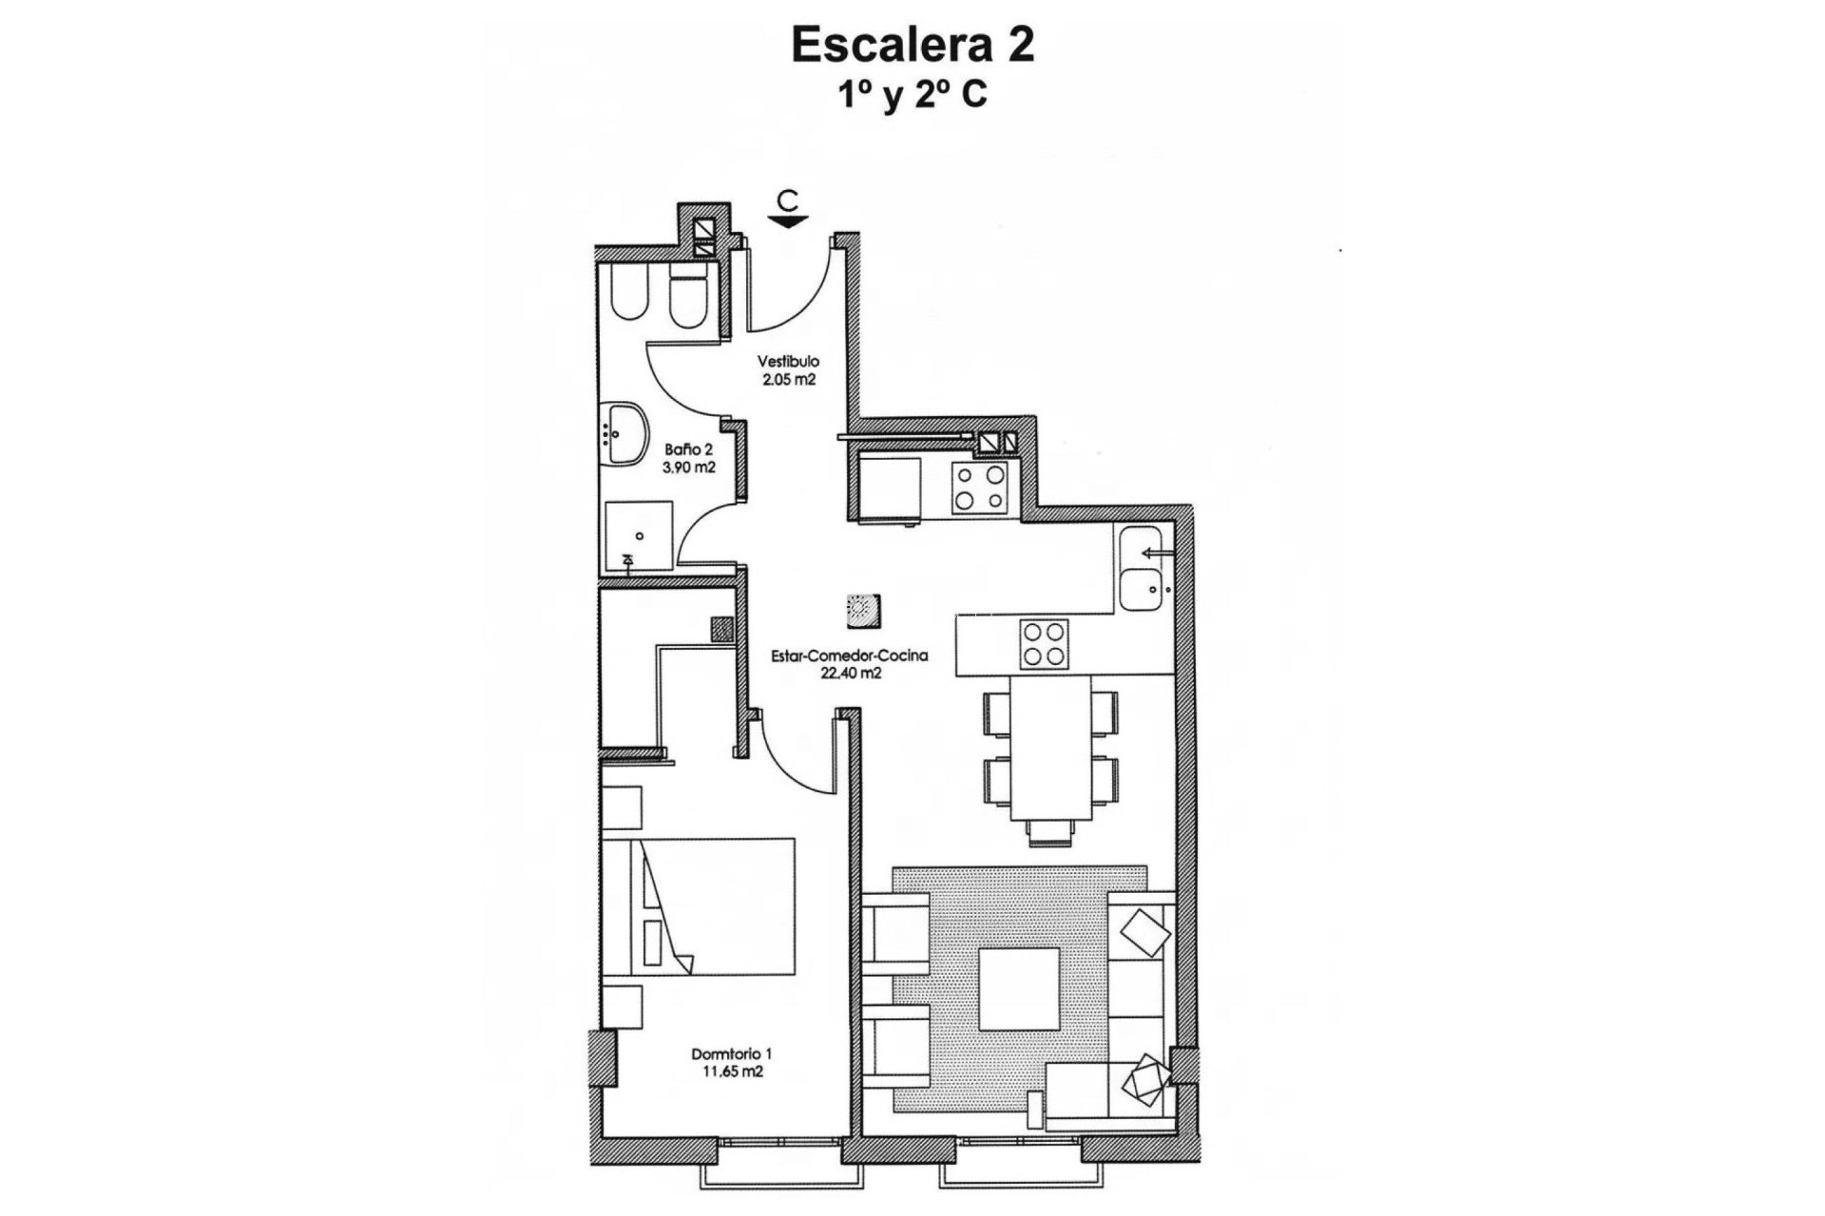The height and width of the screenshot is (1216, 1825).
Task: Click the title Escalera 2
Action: [x=912, y=45]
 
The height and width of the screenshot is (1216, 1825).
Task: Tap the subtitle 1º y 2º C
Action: [x=912, y=96]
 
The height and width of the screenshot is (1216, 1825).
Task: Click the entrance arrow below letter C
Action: [x=788, y=221]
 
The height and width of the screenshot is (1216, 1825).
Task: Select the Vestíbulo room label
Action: [x=788, y=362]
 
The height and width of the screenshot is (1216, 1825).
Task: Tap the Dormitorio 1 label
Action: [x=731, y=1054]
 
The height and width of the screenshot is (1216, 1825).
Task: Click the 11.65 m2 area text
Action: [x=731, y=1072]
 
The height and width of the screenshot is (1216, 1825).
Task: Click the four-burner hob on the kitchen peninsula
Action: [x=1043, y=643]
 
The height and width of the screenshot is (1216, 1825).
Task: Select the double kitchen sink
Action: [x=1142, y=567]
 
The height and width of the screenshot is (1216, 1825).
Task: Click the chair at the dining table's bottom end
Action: [x=1049, y=832]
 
